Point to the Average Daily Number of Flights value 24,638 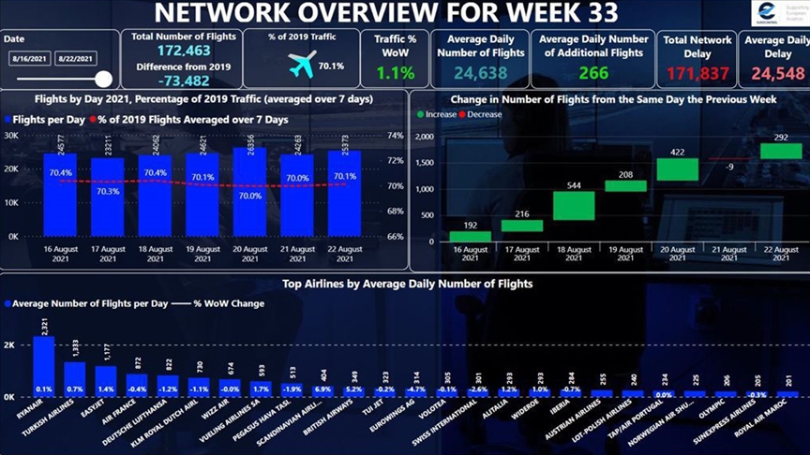pyautogui.click(x=481, y=73)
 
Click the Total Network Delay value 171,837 pyautogui.click(x=697, y=73)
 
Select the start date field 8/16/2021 pyautogui.click(x=27, y=59)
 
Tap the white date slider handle pyautogui.click(x=103, y=80)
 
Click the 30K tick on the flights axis pyautogui.click(x=12, y=136)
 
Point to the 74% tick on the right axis pyautogui.click(x=394, y=136)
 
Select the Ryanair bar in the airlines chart pyautogui.click(x=44, y=365)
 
